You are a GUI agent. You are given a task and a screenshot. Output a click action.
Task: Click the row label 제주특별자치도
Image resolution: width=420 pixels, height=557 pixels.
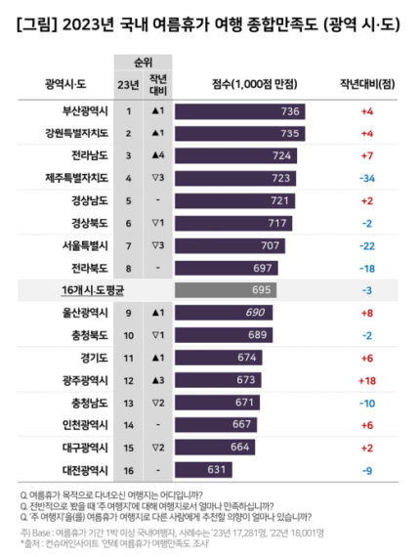point(68,178)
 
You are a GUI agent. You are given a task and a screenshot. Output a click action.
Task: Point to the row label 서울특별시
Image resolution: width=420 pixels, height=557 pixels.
point(76,244)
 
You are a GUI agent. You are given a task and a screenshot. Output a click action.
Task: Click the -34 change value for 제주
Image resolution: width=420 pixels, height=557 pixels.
point(367,178)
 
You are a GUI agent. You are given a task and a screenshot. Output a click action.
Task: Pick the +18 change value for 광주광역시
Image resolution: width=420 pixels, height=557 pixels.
point(367,379)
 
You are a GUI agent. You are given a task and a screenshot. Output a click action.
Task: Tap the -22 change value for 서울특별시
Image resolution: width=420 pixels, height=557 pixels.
point(367,244)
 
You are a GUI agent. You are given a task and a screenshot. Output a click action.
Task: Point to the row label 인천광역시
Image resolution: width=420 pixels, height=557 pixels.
point(76,424)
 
